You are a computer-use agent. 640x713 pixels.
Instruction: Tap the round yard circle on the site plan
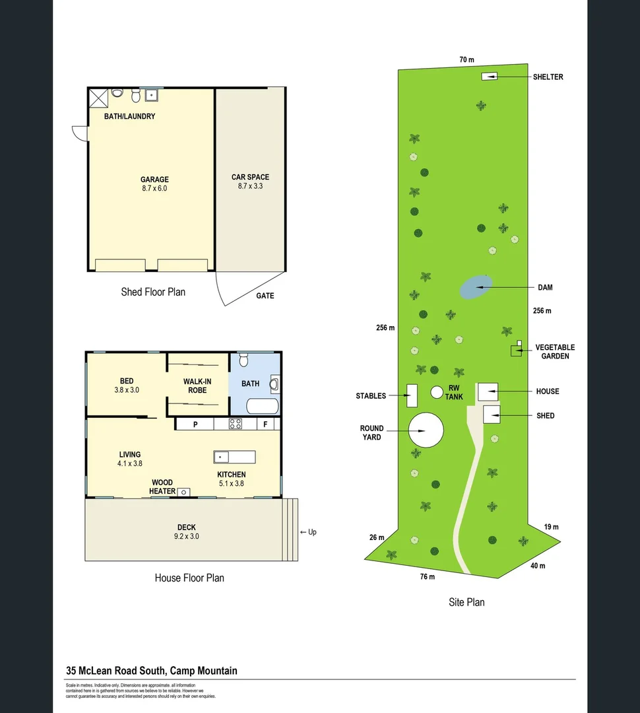426,431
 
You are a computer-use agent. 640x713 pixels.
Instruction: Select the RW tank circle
436,392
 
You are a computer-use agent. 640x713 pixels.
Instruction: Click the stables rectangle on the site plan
412,395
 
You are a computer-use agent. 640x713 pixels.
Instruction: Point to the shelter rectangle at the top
488,77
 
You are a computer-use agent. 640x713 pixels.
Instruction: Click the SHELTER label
548,77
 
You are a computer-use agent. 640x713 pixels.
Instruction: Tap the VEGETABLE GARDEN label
554,352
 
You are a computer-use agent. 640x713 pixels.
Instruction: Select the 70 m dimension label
466,60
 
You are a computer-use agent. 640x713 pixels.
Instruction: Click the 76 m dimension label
428,577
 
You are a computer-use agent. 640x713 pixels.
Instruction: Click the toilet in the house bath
243,360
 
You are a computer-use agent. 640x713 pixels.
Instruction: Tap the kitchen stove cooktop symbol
236,424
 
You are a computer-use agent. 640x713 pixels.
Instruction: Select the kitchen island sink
221,457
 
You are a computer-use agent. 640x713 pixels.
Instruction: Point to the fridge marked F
266,424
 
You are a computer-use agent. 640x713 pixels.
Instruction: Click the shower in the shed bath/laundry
98,98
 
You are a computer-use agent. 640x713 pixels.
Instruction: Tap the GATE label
265,296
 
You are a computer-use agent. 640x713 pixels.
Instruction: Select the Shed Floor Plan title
153,292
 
